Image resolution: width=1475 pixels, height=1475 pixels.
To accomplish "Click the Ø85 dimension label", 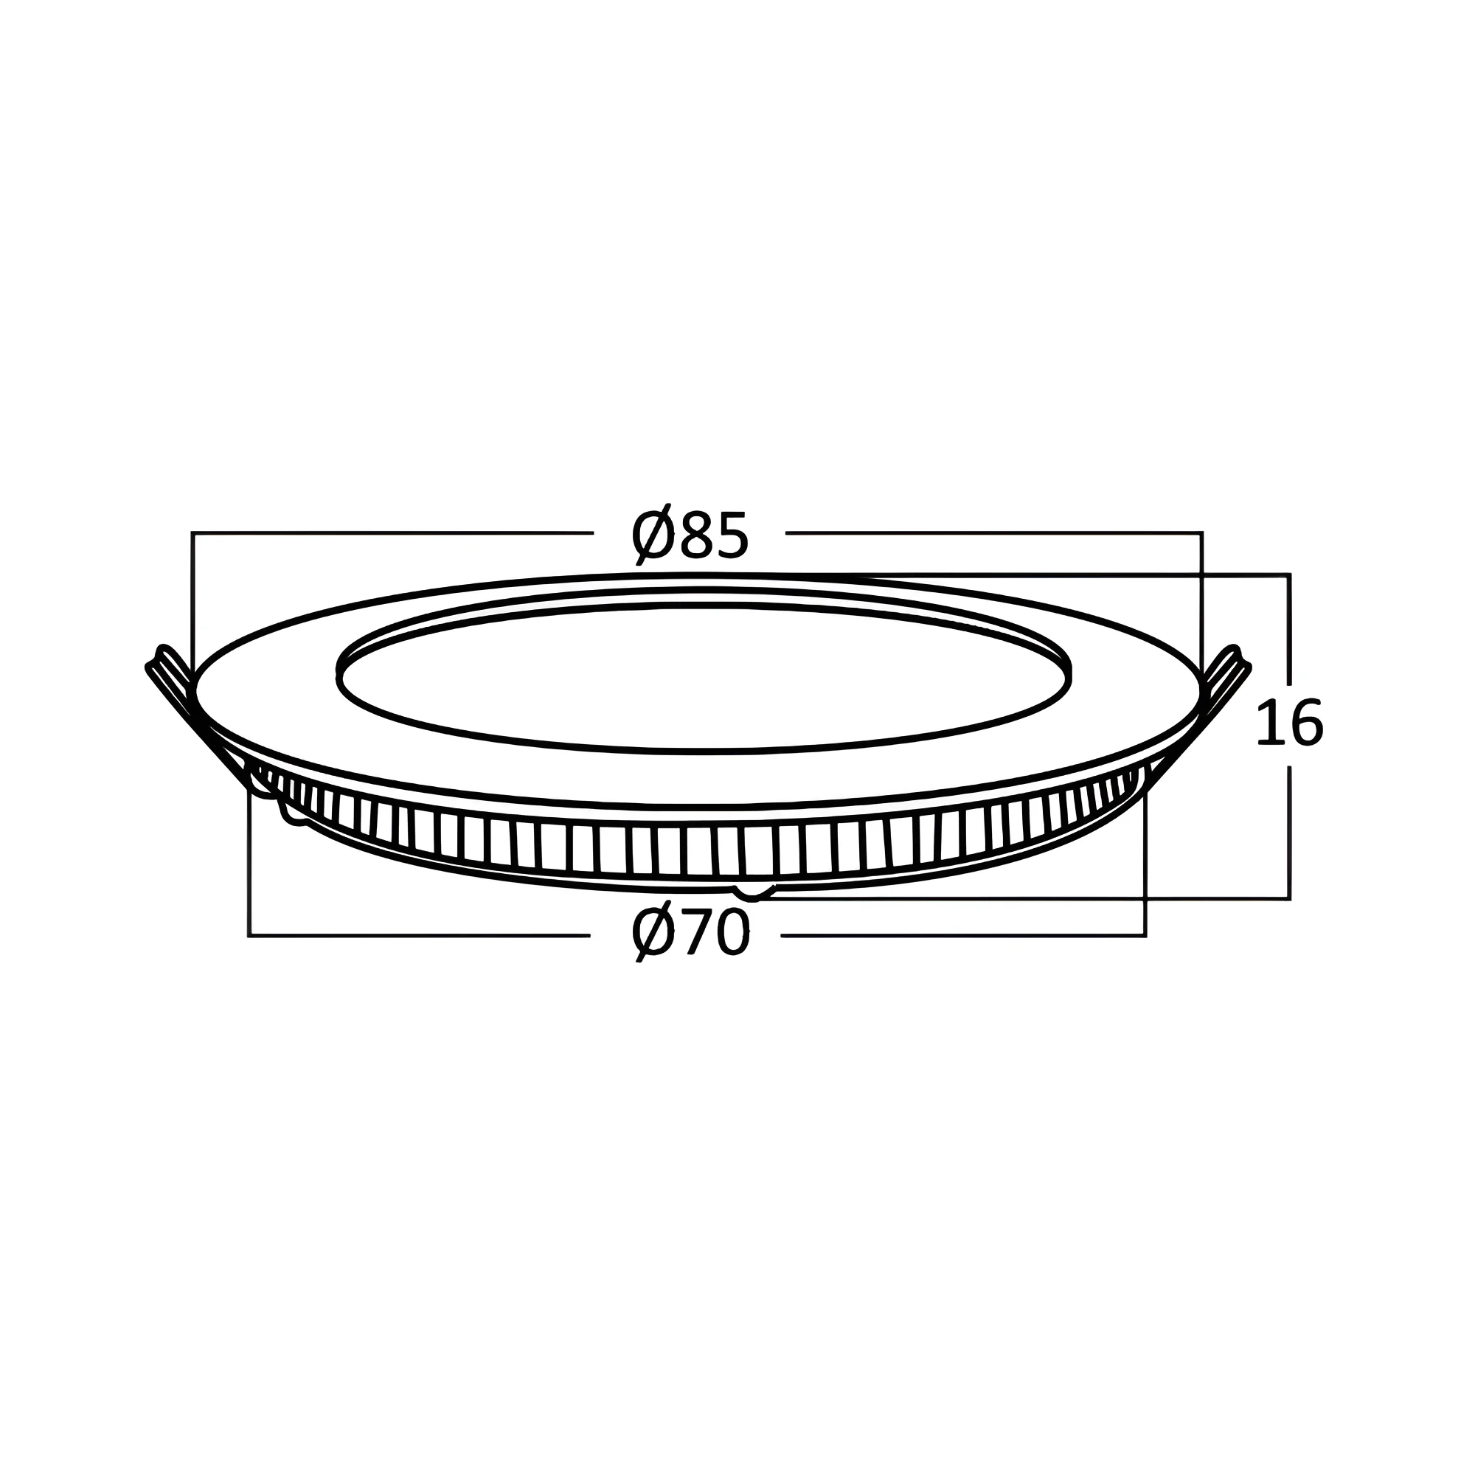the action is point(690,535).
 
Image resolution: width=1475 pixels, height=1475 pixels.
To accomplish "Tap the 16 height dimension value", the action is point(1289,723).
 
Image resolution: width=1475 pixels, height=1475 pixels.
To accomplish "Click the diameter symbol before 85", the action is point(653,535).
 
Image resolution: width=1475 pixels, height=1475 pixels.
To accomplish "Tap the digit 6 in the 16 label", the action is point(1306,723).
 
